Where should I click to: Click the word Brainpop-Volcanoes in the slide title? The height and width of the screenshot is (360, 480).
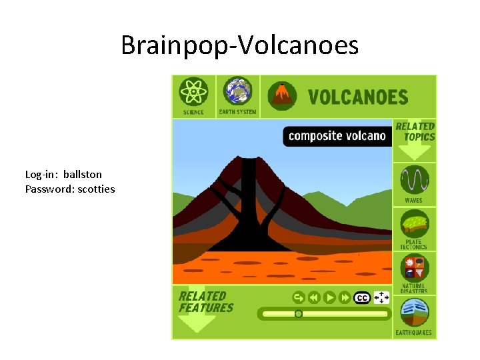[x=239, y=46]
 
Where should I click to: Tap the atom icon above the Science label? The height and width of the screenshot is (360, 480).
[x=193, y=91]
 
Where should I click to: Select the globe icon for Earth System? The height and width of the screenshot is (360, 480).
[x=237, y=91]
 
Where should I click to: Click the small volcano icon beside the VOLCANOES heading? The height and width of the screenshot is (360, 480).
[x=283, y=96]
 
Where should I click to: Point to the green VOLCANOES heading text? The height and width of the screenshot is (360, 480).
[x=357, y=97]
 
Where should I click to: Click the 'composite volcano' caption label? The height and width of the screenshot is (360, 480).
[x=337, y=136]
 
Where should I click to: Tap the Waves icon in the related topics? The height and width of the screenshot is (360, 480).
[x=413, y=179]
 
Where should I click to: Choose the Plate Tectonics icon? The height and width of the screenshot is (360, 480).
[x=413, y=223]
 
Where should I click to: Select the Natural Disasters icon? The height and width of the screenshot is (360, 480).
[x=413, y=267]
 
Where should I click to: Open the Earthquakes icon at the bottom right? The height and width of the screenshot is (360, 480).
[x=413, y=311]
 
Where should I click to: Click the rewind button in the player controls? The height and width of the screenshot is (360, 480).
[x=314, y=297]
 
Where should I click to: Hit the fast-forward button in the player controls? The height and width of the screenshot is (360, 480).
[x=345, y=297]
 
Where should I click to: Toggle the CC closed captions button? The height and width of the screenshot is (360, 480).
[x=362, y=297]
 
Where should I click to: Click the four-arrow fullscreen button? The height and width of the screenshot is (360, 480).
[x=381, y=297]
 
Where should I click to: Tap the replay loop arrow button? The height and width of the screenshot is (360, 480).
[x=299, y=297]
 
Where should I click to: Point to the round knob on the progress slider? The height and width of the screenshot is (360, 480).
[x=299, y=313]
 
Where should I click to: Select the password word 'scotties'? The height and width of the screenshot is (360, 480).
[x=97, y=189]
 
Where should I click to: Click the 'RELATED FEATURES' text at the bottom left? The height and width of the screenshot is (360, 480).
[x=205, y=302]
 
